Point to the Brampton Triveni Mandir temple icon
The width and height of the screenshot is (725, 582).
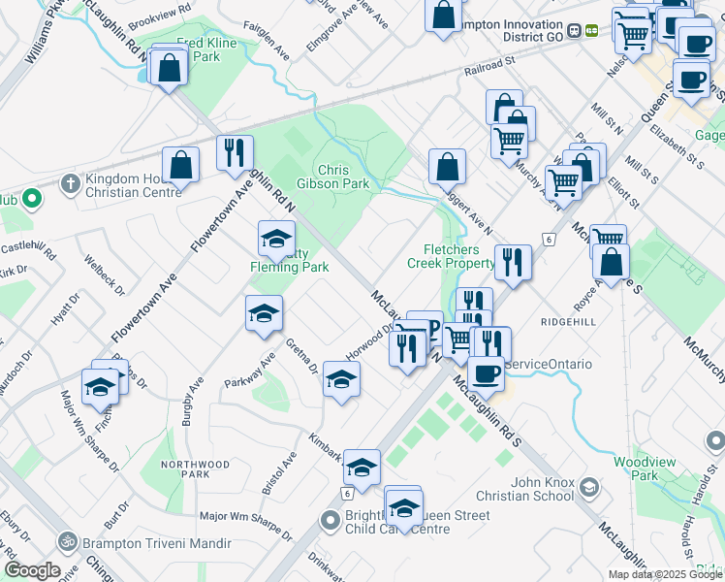pos(67,540)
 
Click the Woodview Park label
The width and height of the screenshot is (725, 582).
pos(663,469)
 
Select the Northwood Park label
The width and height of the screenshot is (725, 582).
pos(197,469)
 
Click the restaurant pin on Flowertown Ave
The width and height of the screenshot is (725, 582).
pos(234,152)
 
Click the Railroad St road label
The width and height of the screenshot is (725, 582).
pos(489,62)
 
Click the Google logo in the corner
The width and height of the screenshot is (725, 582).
pos(32,570)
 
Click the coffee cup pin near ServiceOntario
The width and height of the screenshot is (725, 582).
pos(486,372)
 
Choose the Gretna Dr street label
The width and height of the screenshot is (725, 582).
pos(302,356)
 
